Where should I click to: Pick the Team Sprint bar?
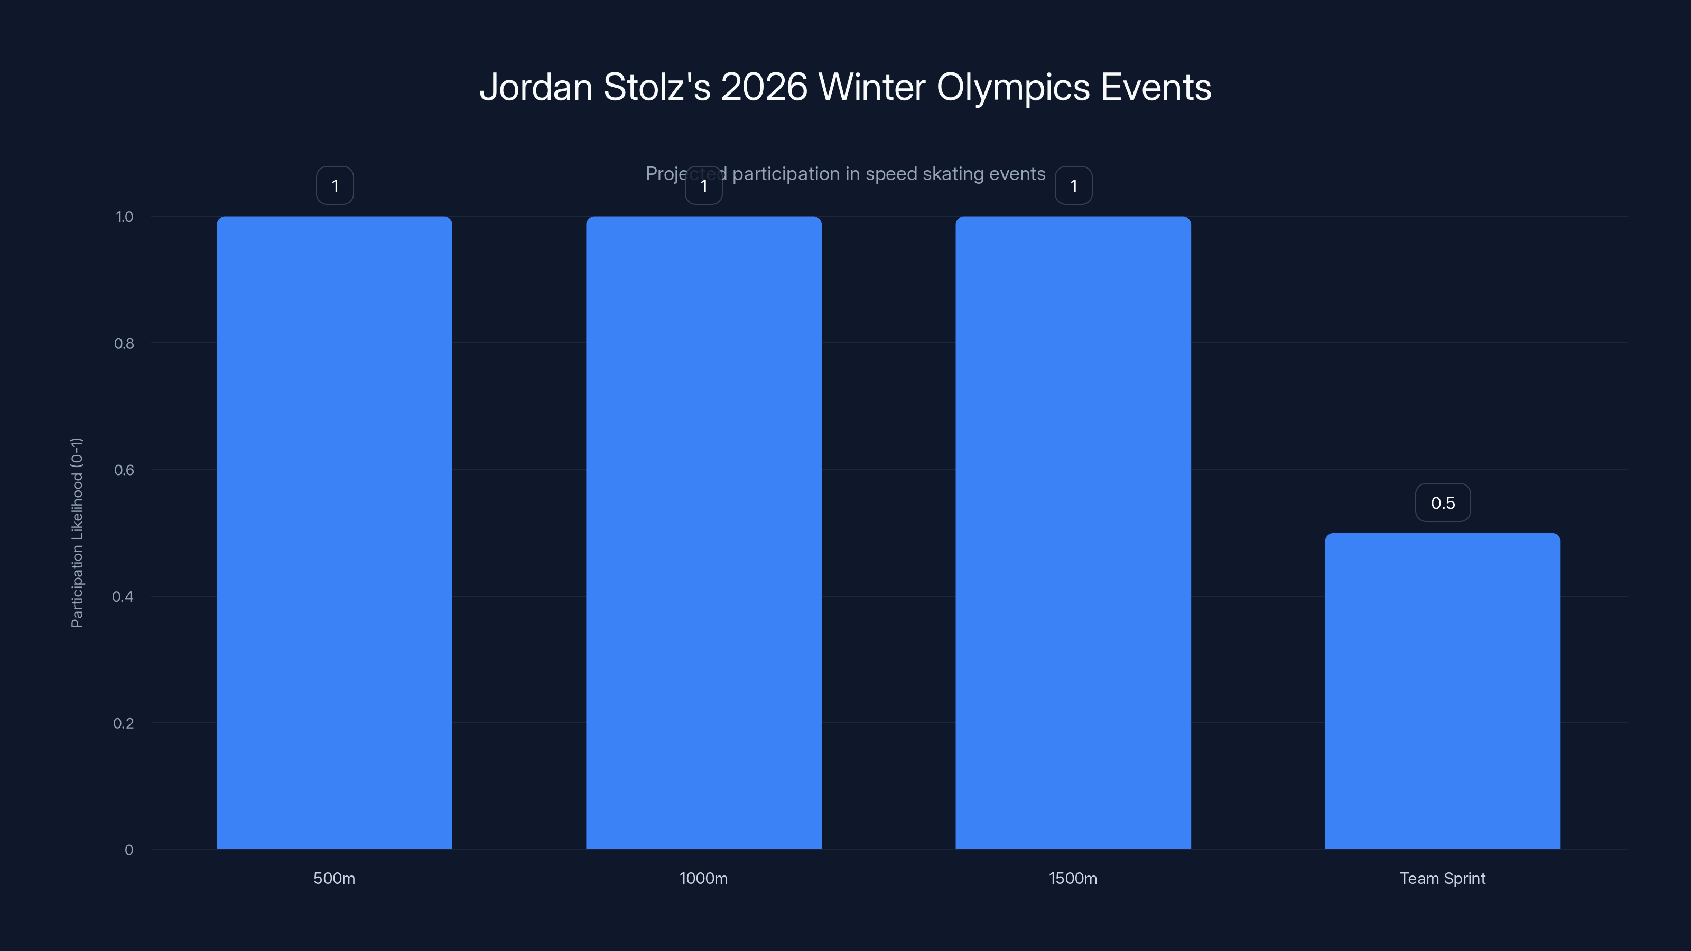pos(1442,691)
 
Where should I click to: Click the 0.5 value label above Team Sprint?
pos(1443,503)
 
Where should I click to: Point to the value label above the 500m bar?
pos(335,186)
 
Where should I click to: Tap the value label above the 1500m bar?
pos(1073,186)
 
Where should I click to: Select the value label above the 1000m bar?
pos(704,186)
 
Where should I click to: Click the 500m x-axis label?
pos(334,878)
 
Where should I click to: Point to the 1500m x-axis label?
pos(1073,878)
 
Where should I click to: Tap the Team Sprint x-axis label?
pos(1442,878)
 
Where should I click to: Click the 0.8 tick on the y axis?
pos(124,343)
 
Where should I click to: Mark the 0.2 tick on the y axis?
pos(124,723)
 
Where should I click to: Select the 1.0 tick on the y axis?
pos(125,217)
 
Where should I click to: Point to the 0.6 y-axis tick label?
pos(124,470)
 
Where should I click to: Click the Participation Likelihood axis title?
pos(77,532)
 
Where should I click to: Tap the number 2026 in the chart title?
pos(764,87)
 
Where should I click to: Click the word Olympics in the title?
pos(1013,87)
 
